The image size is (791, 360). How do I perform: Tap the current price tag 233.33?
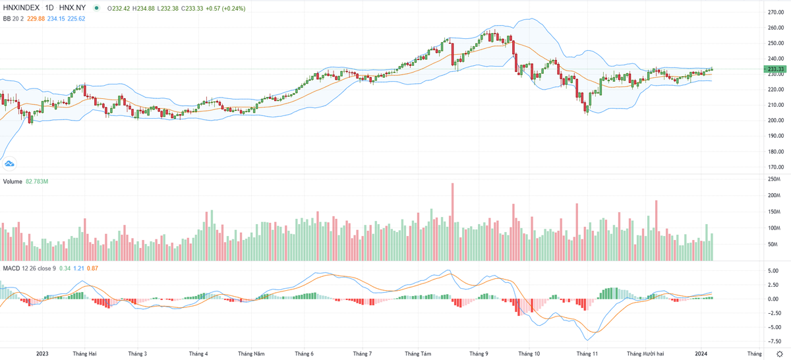click(776, 69)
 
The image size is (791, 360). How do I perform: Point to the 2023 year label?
click(43, 353)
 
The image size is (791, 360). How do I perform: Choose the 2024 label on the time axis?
click(701, 353)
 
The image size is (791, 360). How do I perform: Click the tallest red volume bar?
click(453, 222)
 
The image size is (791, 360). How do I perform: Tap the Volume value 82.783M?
click(38, 181)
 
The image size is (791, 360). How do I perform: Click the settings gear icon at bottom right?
click(780, 354)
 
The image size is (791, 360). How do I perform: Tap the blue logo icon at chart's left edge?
click(9, 163)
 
